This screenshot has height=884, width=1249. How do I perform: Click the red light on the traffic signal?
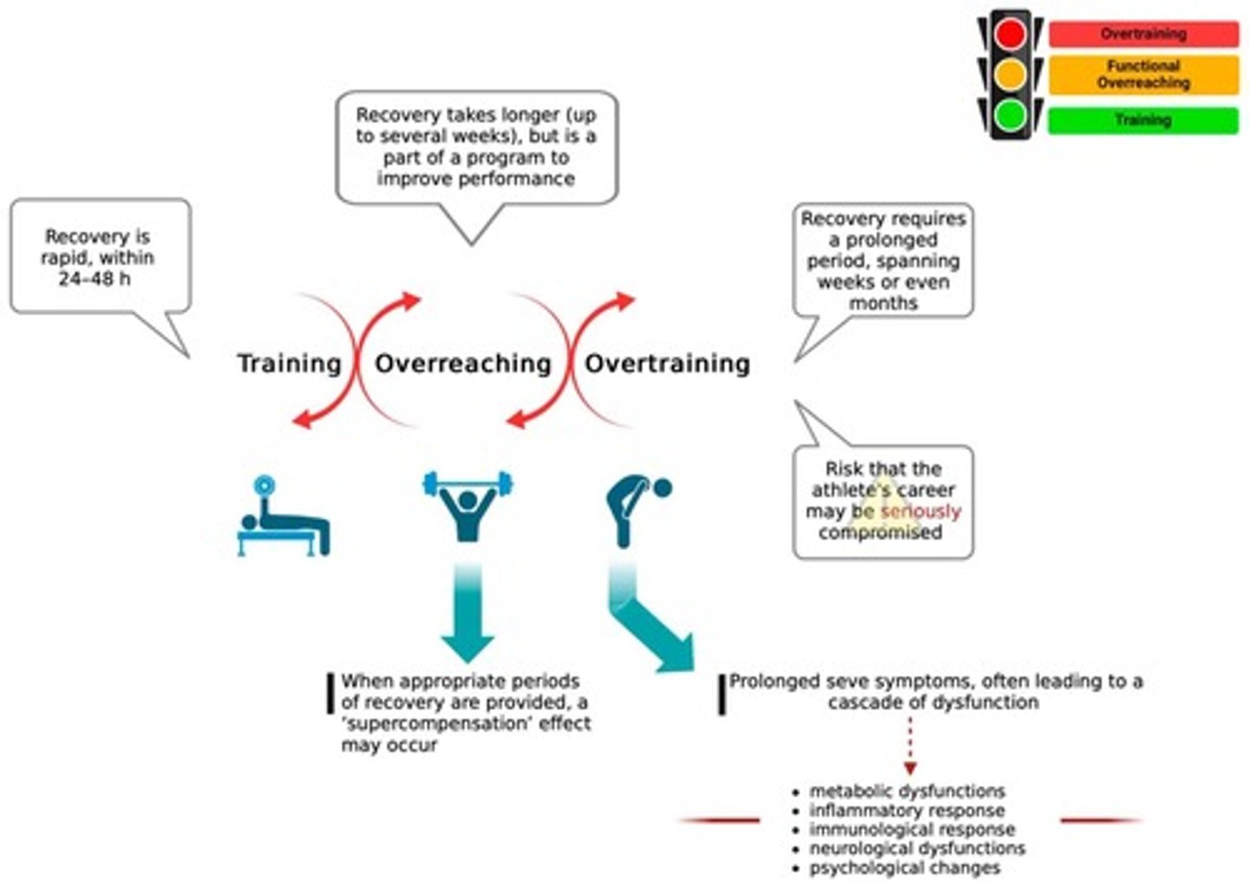coord(1010,35)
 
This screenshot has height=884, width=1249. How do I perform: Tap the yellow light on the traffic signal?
coord(1010,75)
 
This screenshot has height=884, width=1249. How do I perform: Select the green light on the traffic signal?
coord(1010,115)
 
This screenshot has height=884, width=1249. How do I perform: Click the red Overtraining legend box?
coord(1143,35)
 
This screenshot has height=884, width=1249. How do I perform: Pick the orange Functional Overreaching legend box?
coord(1143,75)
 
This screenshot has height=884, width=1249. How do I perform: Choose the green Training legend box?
coord(1143,120)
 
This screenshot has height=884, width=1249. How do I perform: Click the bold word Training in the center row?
coord(290,363)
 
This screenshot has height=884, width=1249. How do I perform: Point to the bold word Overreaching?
coord(462,363)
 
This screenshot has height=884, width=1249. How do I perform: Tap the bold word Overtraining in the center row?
coord(667,363)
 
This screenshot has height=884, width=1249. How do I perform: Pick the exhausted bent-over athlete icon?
coord(637,511)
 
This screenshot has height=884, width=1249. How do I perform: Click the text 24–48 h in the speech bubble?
coord(95,278)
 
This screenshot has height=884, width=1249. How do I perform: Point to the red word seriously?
coord(920,511)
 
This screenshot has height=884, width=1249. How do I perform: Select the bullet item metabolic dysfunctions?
coord(906,791)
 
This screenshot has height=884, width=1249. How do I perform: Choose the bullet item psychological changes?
coord(904,868)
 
